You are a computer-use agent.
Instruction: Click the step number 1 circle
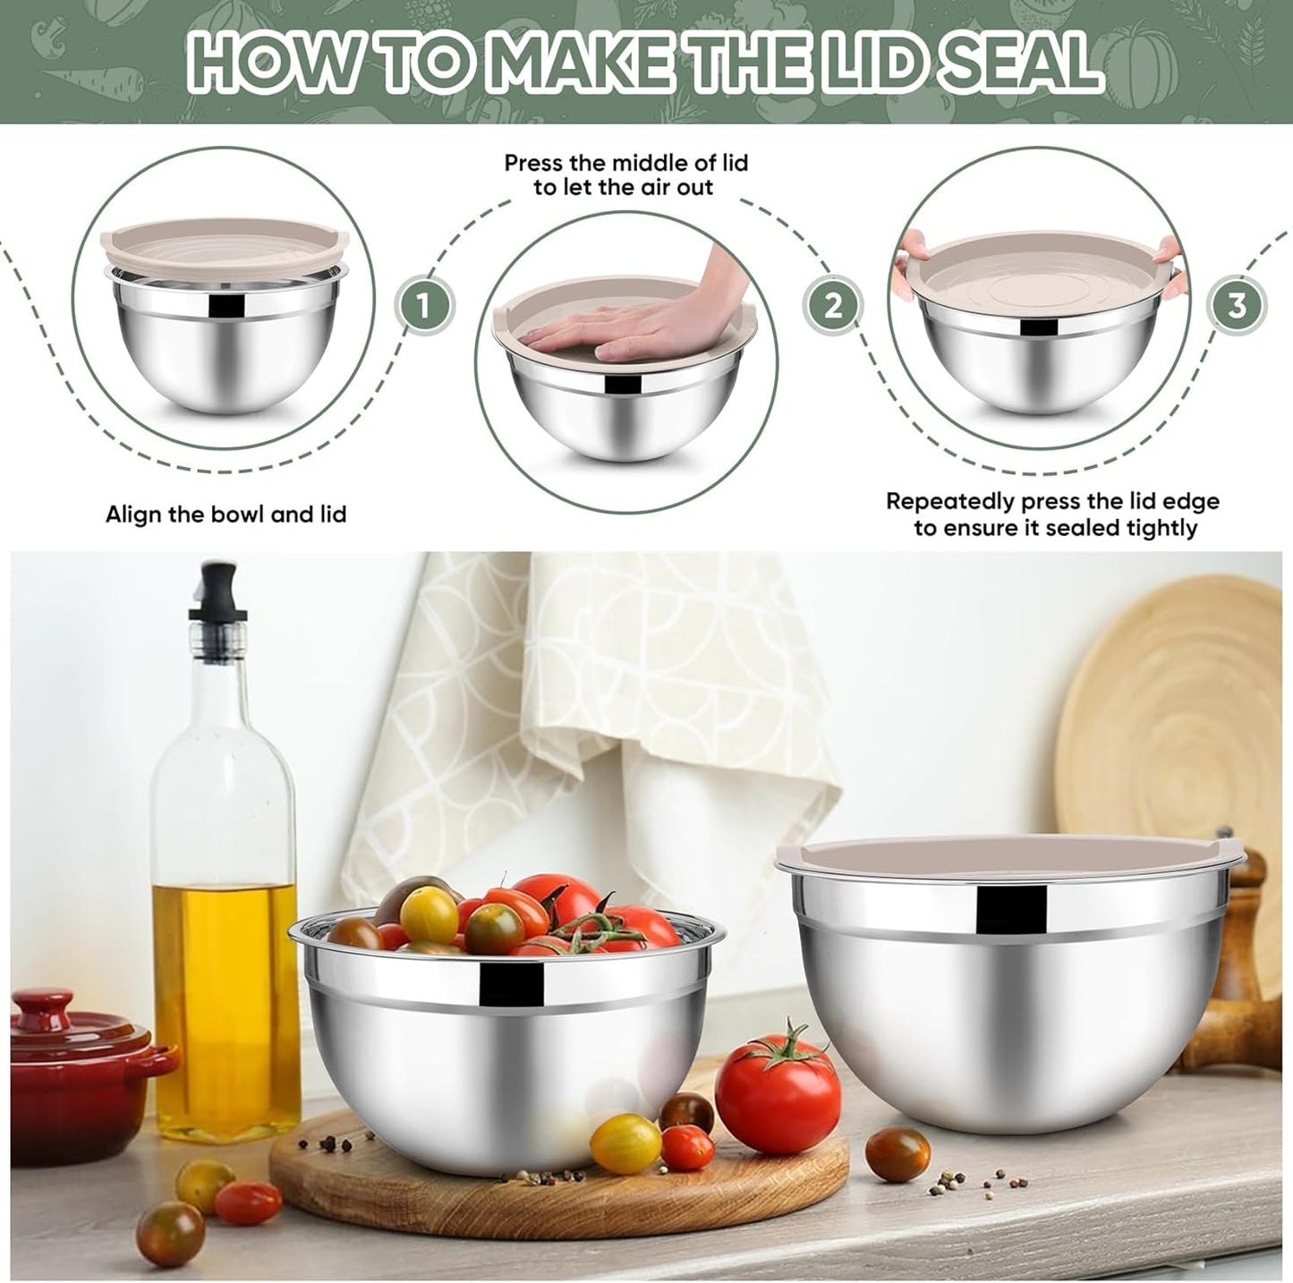(x=425, y=307)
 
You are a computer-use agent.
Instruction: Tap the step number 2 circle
(x=833, y=307)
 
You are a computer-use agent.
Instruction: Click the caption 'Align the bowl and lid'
(x=225, y=514)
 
